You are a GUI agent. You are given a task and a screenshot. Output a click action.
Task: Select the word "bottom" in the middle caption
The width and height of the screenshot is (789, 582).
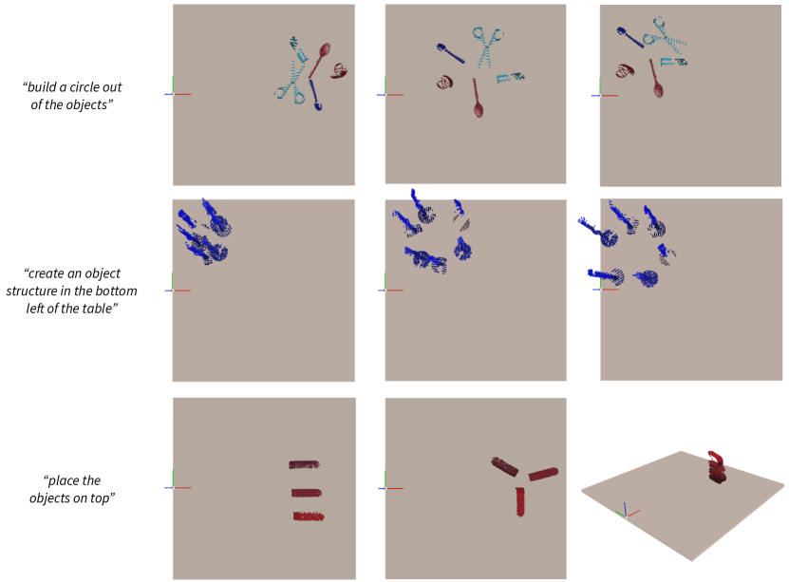coord(120,291)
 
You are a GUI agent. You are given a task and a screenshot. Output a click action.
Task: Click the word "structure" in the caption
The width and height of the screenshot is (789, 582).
coord(31,291)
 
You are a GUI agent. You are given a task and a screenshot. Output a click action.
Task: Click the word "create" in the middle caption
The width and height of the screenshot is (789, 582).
coord(47,273)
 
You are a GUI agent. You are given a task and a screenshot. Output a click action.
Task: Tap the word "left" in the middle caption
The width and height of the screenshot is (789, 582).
coord(36,309)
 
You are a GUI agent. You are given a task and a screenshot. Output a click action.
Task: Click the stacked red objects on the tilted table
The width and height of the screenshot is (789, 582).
coord(717,468)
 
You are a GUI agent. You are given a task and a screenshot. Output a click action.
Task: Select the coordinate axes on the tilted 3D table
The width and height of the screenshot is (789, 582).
coord(626,512)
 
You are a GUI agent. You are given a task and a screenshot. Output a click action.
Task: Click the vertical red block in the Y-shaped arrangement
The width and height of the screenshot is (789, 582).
coord(520,502)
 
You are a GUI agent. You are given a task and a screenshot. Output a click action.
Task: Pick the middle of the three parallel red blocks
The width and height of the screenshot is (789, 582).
coord(307,493)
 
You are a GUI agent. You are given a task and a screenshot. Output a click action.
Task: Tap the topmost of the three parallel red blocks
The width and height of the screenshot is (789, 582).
coord(305,464)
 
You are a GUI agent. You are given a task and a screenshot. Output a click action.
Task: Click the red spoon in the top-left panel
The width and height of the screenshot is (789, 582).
coord(320,60)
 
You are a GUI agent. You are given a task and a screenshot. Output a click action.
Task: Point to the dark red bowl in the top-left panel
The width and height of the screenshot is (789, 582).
coord(340,71)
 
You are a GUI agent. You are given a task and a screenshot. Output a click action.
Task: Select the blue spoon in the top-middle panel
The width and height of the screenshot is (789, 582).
coord(450,53)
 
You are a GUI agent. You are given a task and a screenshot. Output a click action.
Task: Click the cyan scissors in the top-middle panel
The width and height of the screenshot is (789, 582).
coord(486,47)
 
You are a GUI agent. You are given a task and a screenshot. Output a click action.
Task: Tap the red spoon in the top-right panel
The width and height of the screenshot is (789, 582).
coord(655,79)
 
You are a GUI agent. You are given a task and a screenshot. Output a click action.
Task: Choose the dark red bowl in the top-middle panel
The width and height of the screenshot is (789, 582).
coord(444,82)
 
